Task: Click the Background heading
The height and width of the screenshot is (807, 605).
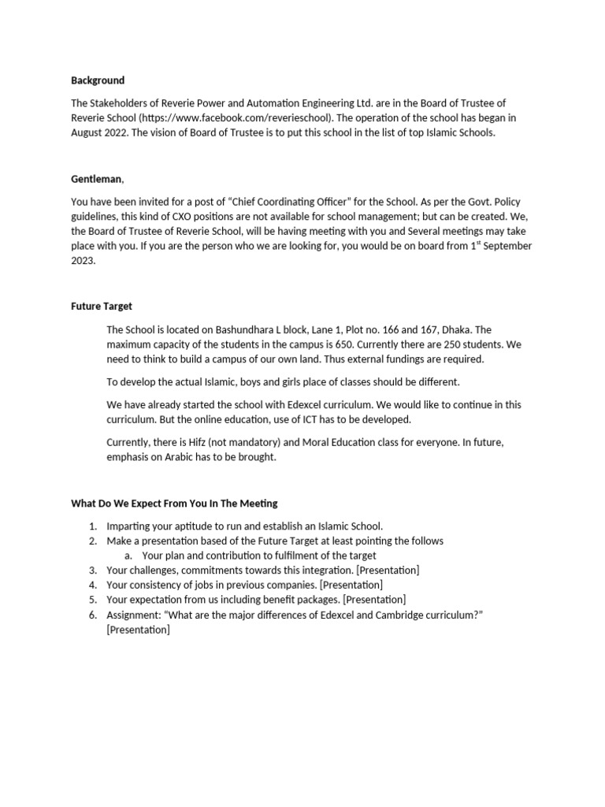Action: pyautogui.click(x=98, y=80)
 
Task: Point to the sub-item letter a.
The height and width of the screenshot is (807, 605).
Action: pyautogui.click(x=128, y=556)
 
